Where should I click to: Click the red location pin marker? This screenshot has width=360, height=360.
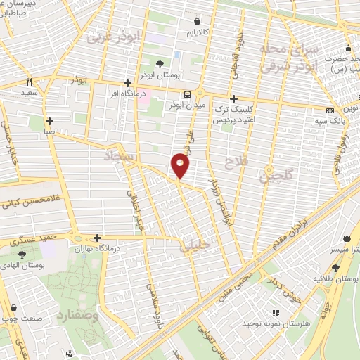pos(181,165)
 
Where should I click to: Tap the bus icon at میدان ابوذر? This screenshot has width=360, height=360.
pos(188,94)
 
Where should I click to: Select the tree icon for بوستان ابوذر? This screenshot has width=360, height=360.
pos(162,63)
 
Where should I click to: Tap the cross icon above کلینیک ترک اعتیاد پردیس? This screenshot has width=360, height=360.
pos(234,98)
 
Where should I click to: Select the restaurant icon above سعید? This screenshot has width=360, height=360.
pos(29,81)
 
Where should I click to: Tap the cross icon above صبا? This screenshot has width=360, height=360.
pos(49,121)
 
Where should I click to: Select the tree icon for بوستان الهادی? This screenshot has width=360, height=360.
pos(22,254)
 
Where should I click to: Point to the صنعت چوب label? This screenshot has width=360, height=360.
pos(20,317)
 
